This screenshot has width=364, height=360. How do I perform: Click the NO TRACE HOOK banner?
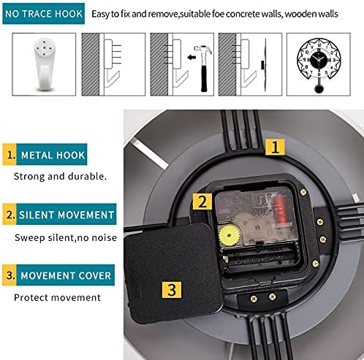tap(44, 14)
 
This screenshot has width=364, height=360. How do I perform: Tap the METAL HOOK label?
tap(45, 155)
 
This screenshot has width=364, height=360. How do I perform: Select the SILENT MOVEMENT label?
tap(59, 214)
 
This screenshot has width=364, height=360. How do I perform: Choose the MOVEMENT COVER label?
tap(58, 275)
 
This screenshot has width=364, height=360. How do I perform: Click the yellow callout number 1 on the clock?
tap(275, 147)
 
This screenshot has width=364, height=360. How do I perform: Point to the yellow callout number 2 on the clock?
tap(202, 202)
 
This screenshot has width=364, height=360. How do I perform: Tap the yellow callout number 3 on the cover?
tap(172, 290)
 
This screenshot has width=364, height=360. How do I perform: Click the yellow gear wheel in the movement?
tap(229, 235)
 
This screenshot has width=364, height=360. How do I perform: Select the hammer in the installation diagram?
tap(204, 68)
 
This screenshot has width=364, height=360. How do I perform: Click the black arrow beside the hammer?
tap(192, 58)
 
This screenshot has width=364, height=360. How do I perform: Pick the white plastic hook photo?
tap(45, 64)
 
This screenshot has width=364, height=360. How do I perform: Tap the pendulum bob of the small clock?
tap(319, 88)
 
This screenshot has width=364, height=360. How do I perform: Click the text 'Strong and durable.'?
tap(60, 177)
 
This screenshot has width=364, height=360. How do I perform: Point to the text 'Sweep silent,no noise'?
tap(66, 237)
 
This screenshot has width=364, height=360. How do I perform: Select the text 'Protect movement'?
tap(57, 297)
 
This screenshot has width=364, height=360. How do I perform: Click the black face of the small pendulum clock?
tap(319, 60)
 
